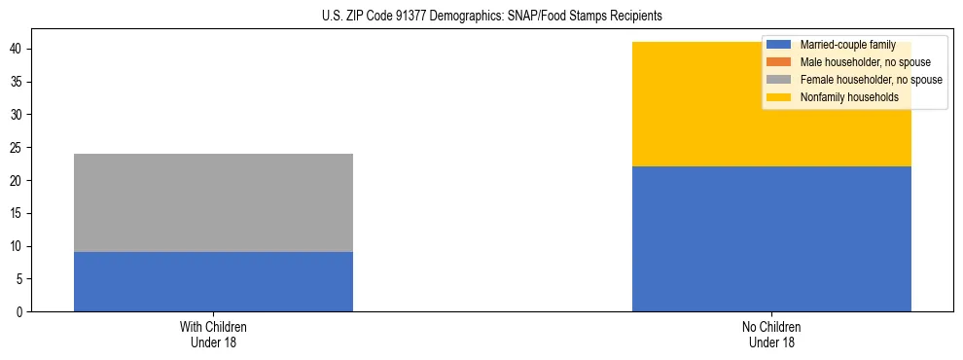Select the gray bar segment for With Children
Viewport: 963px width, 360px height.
coord(213,202)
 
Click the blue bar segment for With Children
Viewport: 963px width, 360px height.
coord(213,281)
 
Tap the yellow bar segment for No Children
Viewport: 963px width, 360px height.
coord(771,104)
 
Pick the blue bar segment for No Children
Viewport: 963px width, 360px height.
coord(771,238)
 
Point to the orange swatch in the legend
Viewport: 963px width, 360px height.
coord(781,62)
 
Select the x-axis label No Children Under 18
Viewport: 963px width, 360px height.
coord(771,335)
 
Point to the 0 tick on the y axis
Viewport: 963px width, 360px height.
coord(19,311)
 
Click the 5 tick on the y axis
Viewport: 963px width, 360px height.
coord(19,278)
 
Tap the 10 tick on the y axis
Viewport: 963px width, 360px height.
coord(17,246)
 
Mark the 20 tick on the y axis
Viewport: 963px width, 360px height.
coord(17,180)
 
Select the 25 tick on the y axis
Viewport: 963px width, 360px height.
coord(17,148)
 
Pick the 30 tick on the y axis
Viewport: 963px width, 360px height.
coord(17,115)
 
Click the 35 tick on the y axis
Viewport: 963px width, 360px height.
coord(17,82)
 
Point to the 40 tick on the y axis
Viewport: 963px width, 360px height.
coord(17,50)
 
